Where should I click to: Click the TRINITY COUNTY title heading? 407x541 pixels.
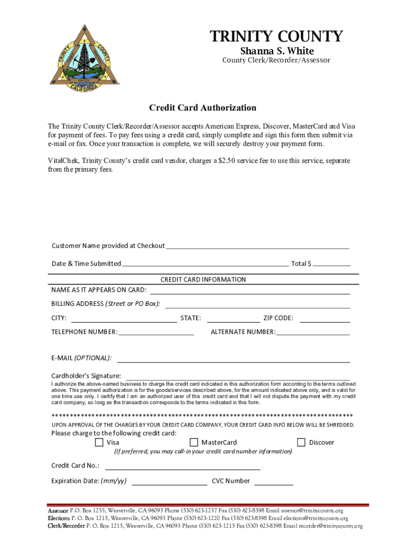276,36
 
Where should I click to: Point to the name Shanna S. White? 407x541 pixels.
277,51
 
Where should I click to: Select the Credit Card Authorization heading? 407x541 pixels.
202,108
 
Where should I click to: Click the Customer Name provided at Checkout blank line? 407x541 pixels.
257,246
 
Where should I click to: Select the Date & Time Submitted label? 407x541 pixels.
86,264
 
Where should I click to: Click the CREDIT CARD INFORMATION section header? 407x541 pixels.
203,279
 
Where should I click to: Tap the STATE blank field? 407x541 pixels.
233,319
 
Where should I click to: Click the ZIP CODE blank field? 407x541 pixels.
325,319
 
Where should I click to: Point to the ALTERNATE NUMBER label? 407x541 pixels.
243,332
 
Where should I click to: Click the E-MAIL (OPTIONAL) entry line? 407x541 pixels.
233,359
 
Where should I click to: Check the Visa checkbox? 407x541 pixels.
99,442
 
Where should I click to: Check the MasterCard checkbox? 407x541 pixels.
194,442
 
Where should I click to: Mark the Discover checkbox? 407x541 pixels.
301,442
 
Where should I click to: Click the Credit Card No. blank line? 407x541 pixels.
183,467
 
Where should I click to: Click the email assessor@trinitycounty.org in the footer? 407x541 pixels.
312,511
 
